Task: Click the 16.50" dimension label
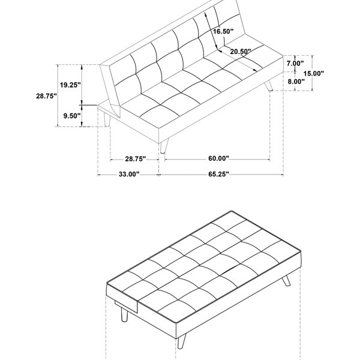[223, 31]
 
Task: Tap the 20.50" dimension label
[241, 52]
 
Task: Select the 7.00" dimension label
[295, 64]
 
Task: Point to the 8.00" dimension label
[296, 81]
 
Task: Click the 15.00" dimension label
[314, 73]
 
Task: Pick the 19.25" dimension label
[70, 85]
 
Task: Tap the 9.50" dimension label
[72, 116]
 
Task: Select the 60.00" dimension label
[218, 158]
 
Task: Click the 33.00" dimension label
[129, 174]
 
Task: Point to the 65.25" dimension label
[218, 174]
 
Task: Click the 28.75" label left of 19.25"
[46, 96]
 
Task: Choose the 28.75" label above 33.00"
[136, 159]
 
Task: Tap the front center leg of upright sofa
[164, 146]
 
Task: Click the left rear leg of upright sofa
[107, 119]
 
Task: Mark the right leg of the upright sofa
[269, 86]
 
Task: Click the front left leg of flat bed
[124, 314]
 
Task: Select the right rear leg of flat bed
[286, 281]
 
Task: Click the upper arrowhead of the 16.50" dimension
[206, 14]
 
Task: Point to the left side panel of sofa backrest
[110, 89]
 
